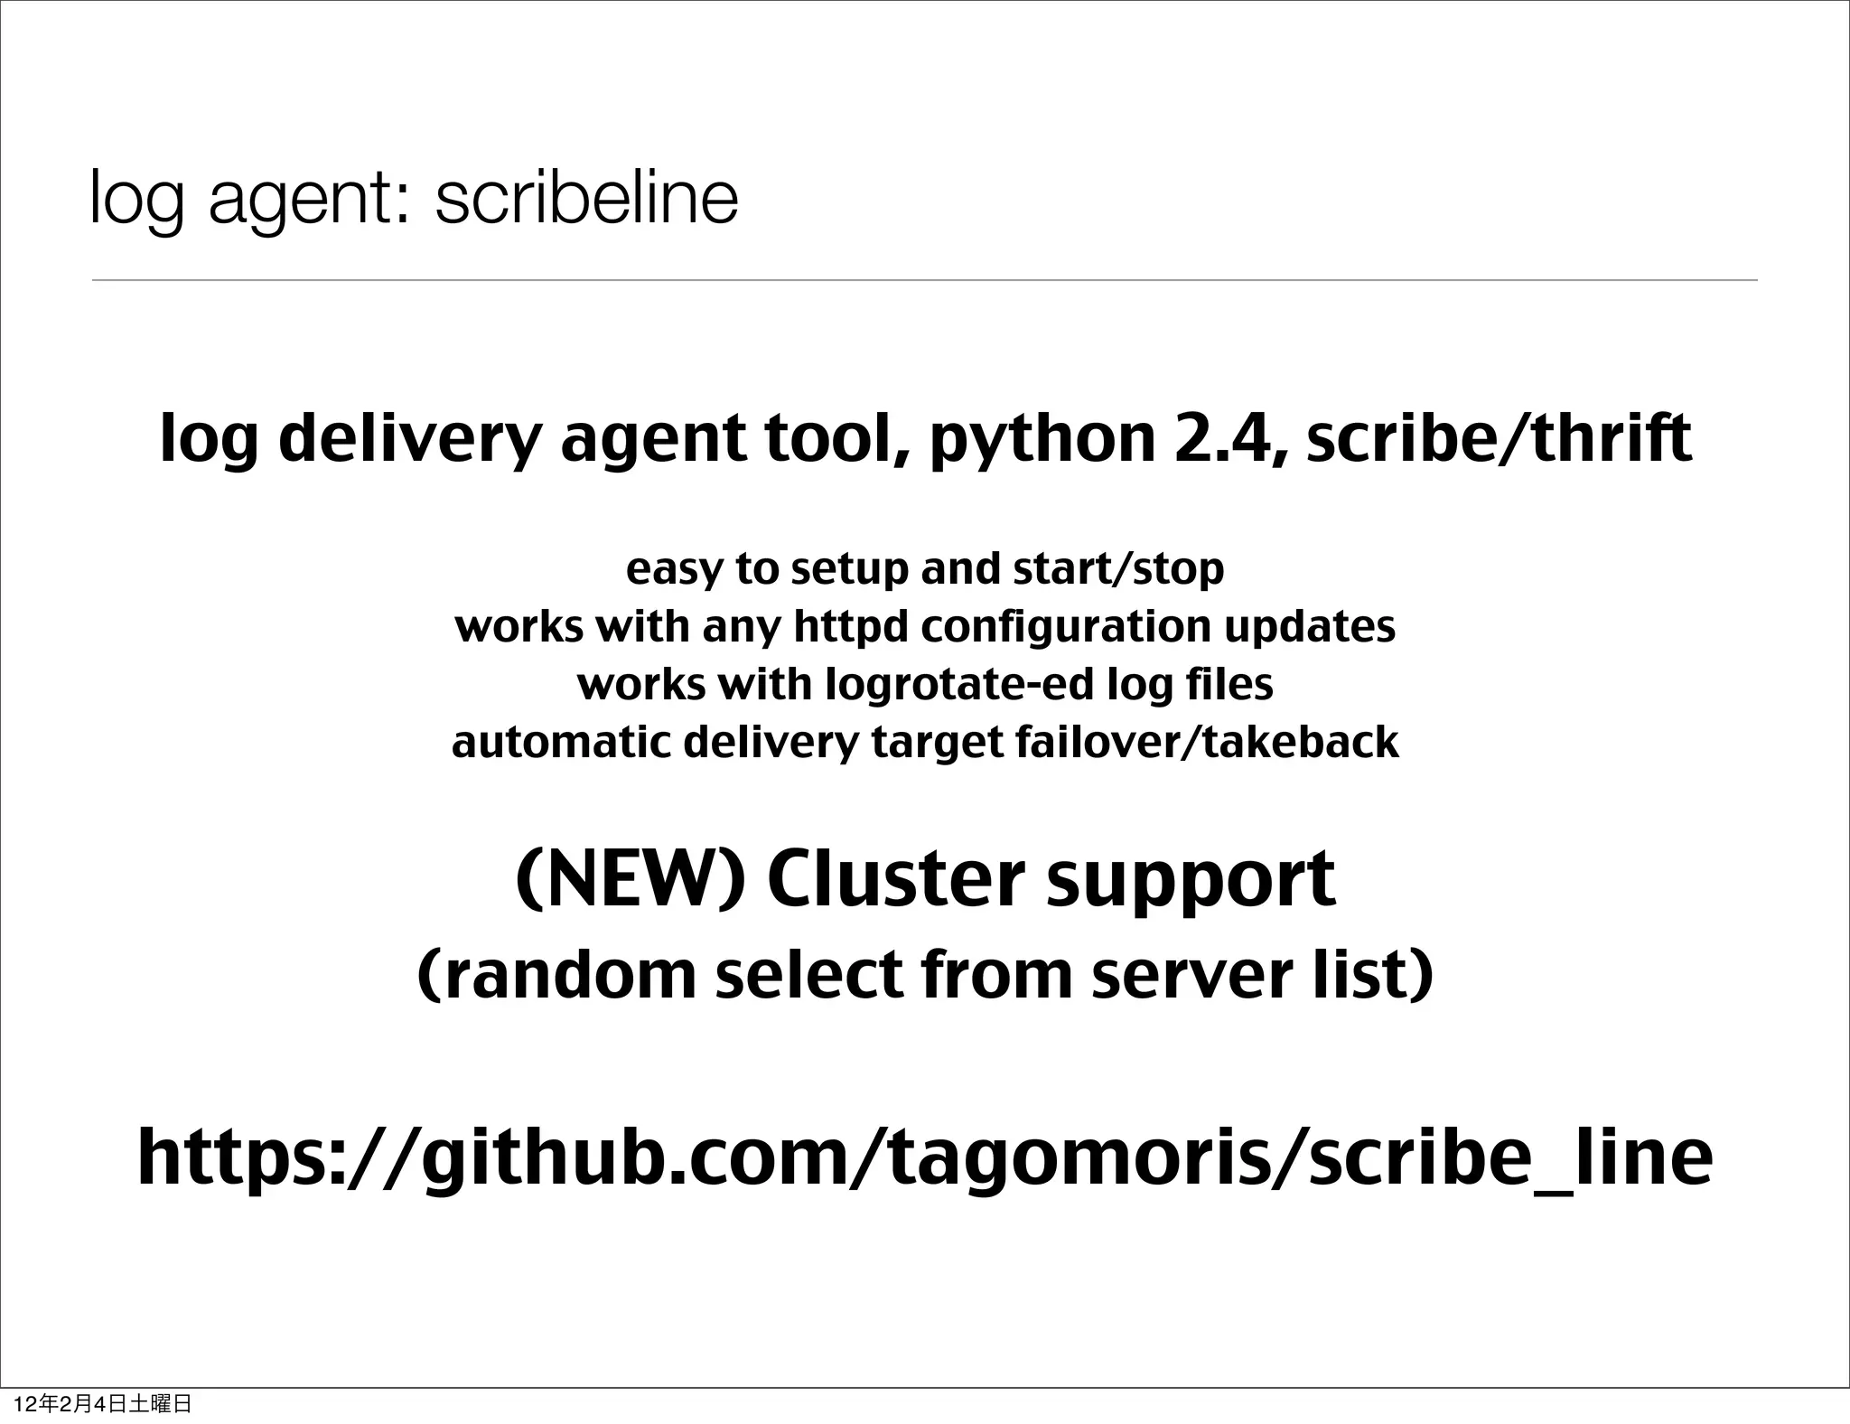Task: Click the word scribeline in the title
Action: (586, 198)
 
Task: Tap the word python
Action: (1042, 440)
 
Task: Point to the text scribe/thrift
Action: (1499, 438)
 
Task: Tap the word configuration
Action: (1065, 627)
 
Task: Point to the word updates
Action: (1310, 627)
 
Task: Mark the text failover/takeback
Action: (1207, 743)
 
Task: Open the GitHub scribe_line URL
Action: (924, 1159)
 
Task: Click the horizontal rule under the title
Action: (924, 280)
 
